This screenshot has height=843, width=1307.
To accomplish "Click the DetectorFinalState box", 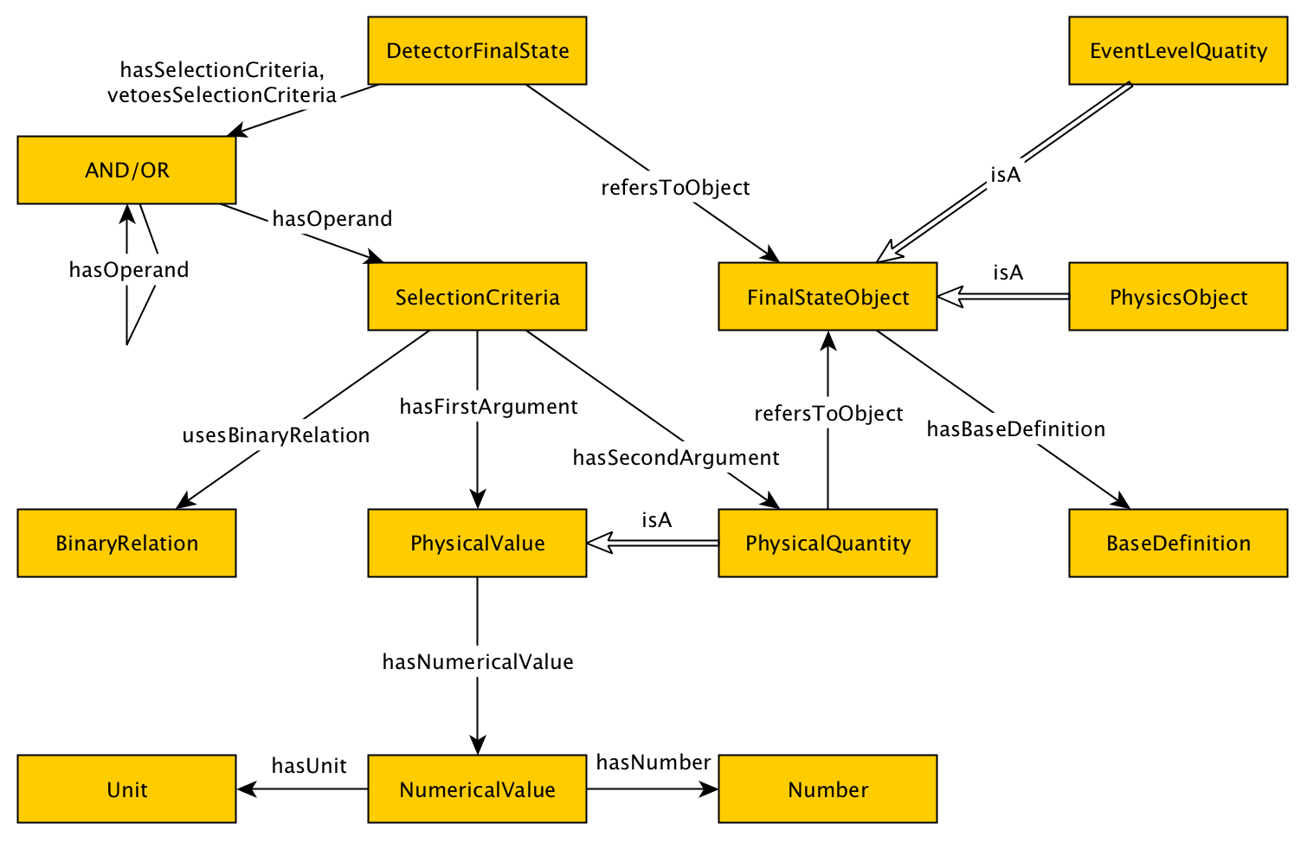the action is tap(477, 51).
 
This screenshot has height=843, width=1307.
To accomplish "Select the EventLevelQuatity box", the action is tap(1178, 51).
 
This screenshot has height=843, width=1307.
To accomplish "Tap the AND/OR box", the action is tap(126, 171).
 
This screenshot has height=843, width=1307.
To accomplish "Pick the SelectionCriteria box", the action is tap(477, 296).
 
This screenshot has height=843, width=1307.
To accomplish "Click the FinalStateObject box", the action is tap(827, 296).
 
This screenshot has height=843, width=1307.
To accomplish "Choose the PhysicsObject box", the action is tap(1178, 296).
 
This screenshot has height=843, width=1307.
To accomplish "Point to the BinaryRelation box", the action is tap(126, 544).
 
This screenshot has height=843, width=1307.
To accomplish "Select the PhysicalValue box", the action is tap(477, 544).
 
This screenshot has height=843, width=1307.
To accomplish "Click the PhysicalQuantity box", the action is tap(827, 544).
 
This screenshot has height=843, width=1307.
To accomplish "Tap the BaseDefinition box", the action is tap(1178, 544).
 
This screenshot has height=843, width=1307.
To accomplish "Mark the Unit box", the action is tap(126, 789).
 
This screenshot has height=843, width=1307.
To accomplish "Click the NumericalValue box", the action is tap(477, 789).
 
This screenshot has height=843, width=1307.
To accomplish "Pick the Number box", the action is tap(827, 789).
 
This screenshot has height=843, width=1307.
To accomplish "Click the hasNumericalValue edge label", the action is tap(478, 661).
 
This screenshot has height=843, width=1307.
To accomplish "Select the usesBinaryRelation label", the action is tap(276, 435).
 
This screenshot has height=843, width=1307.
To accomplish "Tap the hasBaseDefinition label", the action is tap(1016, 429).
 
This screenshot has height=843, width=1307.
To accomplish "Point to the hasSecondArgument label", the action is tap(676, 458).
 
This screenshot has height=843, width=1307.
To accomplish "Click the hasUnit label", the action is tap(309, 765).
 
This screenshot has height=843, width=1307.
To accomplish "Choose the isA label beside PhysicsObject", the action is tap(1008, 273).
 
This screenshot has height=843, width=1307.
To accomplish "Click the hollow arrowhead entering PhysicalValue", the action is tap(600, 543).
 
